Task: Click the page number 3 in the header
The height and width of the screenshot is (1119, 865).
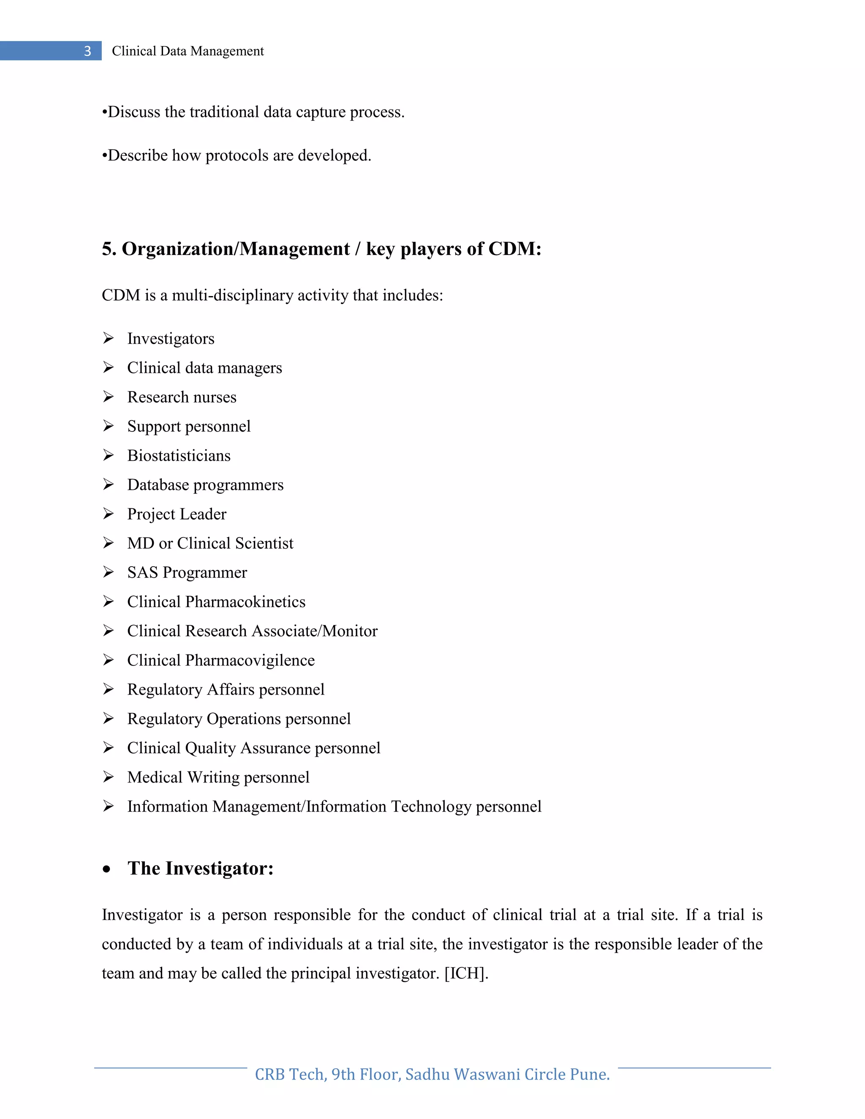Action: [87, 51]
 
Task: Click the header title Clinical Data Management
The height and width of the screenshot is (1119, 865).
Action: [188, 51]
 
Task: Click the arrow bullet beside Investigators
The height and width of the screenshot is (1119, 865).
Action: [108, 338]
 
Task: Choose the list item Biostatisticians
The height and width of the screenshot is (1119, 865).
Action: [179, 456]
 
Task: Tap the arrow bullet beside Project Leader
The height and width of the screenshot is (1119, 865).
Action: [108, 513]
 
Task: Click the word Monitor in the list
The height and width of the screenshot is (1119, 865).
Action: [350, 631]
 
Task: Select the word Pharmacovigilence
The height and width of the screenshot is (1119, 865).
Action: [250, 660]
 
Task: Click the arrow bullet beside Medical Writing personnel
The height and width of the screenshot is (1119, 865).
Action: [108, 777]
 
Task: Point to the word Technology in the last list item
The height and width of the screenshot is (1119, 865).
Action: [431, 807]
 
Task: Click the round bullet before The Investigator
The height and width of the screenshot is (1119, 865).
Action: [106, 869]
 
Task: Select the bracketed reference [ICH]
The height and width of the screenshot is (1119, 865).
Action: [466, 973]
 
